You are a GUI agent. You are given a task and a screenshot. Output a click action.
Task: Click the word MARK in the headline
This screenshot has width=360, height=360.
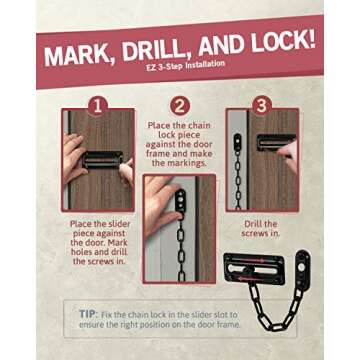78,54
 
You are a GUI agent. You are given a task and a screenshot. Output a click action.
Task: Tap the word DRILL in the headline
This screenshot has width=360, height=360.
155,50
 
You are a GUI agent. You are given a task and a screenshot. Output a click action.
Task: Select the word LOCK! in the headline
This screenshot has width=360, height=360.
283,42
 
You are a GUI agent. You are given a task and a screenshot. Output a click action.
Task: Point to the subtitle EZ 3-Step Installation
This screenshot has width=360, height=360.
184,65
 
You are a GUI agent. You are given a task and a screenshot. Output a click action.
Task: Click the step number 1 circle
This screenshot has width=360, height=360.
98,106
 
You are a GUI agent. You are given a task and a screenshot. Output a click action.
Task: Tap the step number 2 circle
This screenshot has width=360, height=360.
180,106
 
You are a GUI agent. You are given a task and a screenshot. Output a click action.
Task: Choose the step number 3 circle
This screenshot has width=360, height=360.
262,106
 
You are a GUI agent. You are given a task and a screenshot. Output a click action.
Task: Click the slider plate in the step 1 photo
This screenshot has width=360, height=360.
103,160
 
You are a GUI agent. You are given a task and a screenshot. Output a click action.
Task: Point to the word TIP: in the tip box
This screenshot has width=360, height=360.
88,314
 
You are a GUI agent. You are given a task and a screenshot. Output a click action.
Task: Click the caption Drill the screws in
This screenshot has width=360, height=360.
261,228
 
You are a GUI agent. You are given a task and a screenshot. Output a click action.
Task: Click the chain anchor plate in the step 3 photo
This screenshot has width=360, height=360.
237,142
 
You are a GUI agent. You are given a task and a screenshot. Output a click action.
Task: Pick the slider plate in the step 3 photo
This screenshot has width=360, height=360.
276,142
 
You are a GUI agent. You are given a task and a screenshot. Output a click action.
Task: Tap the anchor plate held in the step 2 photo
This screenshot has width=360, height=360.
181,200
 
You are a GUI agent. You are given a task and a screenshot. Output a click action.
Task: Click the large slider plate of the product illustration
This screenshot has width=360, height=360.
254,269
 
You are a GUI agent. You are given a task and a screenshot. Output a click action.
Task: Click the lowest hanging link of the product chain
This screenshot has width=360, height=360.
273,326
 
